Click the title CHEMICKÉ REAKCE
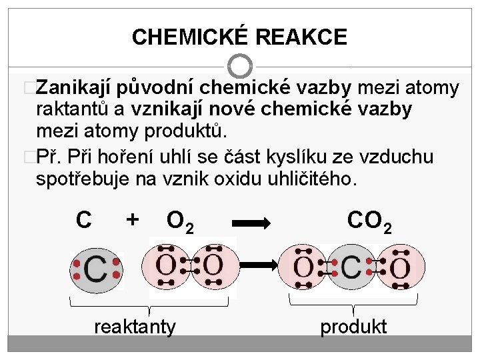[239, 37]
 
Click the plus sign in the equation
[133, 219]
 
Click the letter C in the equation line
[84, 219]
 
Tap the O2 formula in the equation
[181, 221]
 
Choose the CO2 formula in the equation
[369, 221]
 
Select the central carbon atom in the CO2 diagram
[351, 267]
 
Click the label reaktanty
[135, 327]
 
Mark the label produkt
[353, 327]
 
